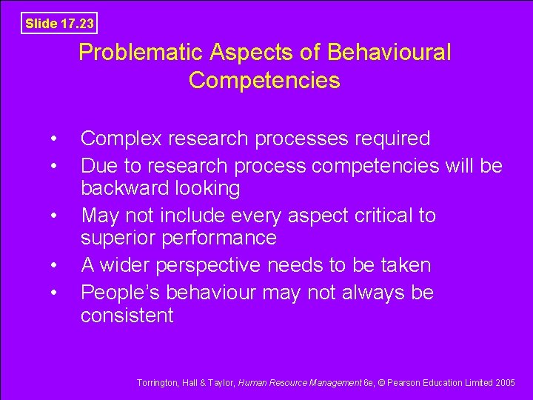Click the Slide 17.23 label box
point(59,23)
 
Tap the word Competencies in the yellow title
point(264,80)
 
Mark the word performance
point(221,238)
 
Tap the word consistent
point(127,316)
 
